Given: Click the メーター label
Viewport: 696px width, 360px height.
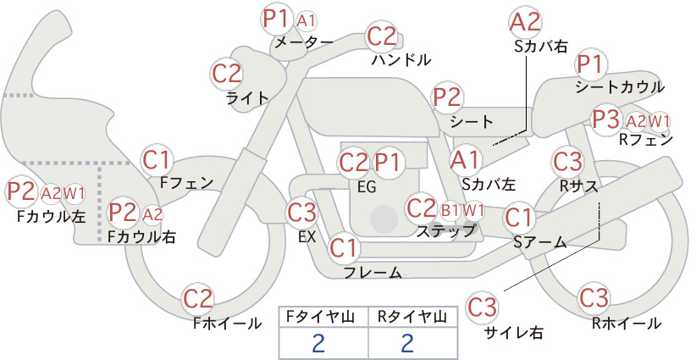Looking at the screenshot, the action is pyautogui.click(x=304, y=42).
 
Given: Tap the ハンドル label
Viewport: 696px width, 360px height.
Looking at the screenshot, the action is pyautogui.click(x=401, y=60).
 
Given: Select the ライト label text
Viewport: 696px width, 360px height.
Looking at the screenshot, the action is pyautogui.click(x=248, y=98).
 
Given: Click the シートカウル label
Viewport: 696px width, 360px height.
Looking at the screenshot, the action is pyautogui.click(x=620, y=87).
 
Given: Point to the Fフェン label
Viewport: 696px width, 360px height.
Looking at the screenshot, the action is pyautogui.click(x=186, y=182).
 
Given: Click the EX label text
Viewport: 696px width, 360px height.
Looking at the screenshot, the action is pyautogui.click(x=307, y=237).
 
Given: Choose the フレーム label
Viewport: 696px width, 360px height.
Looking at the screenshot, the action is pyautogui.click(x=373, y=273).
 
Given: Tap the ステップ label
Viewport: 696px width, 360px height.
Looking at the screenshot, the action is pyautogui.click(x=445, y=231).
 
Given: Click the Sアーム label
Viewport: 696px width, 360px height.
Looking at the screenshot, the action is pyautogui.click(x=540, y=242).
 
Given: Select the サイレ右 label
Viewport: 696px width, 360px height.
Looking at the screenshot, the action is pyautogui.click(x=514, y=332).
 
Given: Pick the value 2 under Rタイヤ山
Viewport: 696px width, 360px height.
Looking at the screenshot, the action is pyautogui.click(x=407, y=343).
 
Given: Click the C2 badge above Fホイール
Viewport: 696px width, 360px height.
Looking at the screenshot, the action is pyautogui.click(x=198, y=299).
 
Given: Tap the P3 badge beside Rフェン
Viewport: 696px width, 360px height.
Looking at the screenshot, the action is pyautogui.click(x=606, y=119).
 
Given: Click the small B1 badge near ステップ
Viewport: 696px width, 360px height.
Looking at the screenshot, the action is pyautogui.click(x=450, y=210).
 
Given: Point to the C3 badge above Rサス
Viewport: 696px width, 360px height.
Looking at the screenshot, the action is pyautogui.click(x=567, y=162).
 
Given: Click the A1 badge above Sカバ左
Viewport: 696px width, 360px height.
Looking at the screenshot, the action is pyautogui.click(x=465, y=160).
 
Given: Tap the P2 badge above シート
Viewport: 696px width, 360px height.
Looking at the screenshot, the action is pyautogui.click(x=448, y=97).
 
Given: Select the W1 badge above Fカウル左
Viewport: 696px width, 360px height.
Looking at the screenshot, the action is pyautogui.click(x=74, y=193).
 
